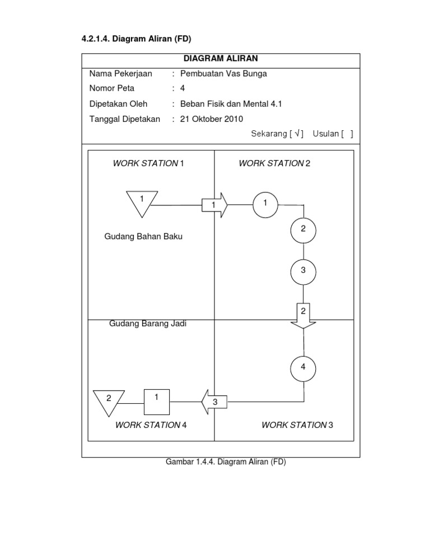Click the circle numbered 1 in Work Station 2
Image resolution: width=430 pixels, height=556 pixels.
[265, 203]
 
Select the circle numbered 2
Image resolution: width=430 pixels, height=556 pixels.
[303, 229]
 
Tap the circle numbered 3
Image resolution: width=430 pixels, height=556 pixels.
[303, 271]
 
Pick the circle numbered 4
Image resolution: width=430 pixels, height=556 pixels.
[303, 368]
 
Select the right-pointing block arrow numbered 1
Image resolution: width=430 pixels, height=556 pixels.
[215, 206]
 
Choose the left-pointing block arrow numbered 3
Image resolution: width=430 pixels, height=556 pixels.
[213, 402]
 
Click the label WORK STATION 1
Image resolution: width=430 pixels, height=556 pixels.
[148, 163]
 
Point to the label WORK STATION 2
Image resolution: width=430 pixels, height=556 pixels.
[274, 163]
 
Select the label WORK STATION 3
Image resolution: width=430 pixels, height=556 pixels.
[297, 425]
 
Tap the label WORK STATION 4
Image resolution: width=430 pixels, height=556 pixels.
[151, 425]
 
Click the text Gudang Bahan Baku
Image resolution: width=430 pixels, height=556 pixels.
[143, 237]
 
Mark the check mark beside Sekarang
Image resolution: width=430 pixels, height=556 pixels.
[297, 134]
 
